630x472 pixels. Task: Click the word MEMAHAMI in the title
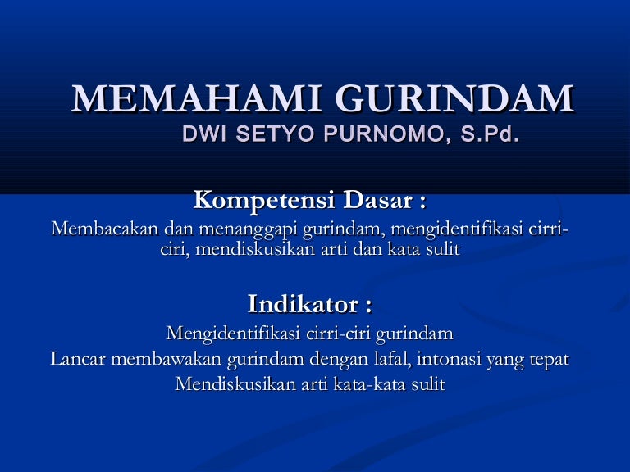click(x=196, y=98)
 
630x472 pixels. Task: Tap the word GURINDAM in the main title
click(x=454, y=98)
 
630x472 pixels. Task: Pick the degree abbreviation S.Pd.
click(x=490, y=134)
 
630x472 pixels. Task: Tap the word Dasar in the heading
click(x=377, y=200)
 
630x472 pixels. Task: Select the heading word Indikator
click(x=303, y=304)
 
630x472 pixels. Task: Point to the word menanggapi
click(x=248, y=230)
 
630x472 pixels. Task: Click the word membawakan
click(x=167, y=359)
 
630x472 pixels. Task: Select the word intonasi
click(x=449, y=359)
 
